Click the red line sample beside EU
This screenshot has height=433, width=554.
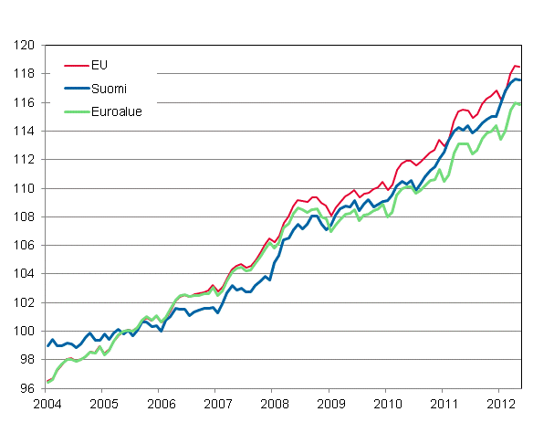(x=75, y=65)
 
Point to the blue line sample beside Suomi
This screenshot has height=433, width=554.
(x=75, y=88)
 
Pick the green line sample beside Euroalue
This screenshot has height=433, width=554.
(x=75, y=111)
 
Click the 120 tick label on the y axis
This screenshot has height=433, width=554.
(x=25, y=45)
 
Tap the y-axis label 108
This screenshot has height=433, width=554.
(x=25, y=216)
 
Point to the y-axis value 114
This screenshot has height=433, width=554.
(x=25, y=131)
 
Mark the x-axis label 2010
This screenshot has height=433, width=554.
(x=387, y=403)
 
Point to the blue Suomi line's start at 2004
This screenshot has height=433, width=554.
(x=47, y=345)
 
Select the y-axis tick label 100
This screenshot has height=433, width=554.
(x=25, y=331)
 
